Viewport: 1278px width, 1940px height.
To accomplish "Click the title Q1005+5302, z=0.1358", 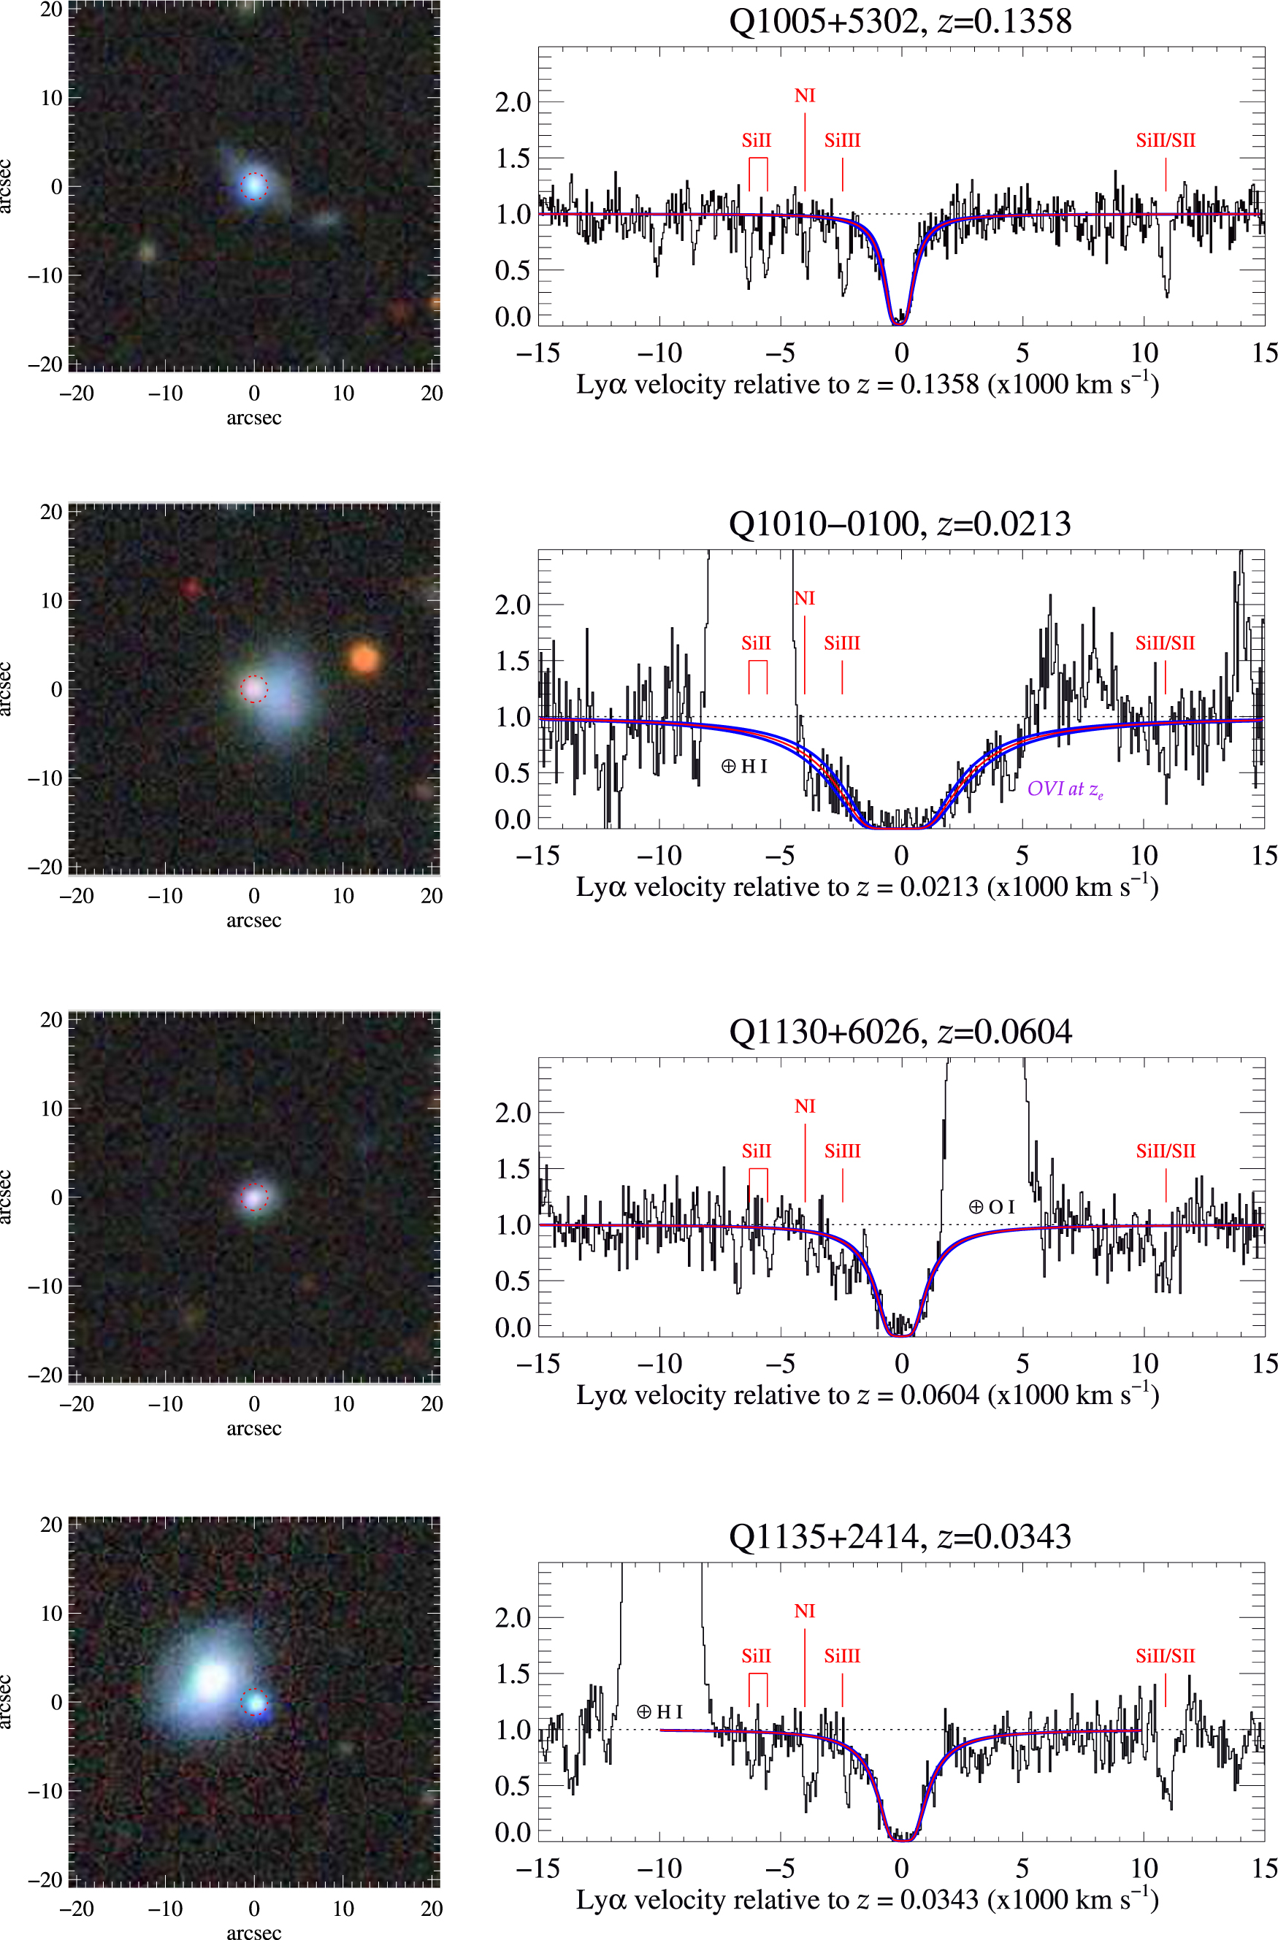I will pyautogui.click(x=900, y=21).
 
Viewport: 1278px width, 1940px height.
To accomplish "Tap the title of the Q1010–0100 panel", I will pyautogui.click(x=900, y=524).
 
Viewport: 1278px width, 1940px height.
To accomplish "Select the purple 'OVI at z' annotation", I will pyautogui.click(x=1065, y=789).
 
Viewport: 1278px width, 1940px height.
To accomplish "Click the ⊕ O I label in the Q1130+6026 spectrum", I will pyautogui.click(x=991, y=1206).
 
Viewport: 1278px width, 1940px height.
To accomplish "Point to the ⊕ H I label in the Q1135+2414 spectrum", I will pyautogui.click(x=659, y=1711).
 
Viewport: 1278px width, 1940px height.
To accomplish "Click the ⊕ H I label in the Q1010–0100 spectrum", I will pyautogui.click(x=744, y=766).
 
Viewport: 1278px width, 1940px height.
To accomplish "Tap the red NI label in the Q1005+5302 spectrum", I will pyautogui.click(x=805, y=96).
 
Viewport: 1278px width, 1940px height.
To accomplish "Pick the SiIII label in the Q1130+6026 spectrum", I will pyautogui.click(x=842, y=1151).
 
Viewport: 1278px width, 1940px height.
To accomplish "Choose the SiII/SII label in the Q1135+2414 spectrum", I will pyautogui.click(x=1165, y=1655).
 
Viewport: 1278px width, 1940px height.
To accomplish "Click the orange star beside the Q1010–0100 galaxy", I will pyautogui.click(x=364, y=658).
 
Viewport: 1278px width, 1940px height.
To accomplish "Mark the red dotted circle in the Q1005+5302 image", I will pyautogui.click(x=254, y=186).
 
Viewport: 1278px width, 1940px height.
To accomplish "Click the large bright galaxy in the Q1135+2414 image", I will pyautogui.click(x=211, y=1678).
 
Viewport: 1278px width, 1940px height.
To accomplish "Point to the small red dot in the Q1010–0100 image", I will pyautogui.click(x=191, y=587).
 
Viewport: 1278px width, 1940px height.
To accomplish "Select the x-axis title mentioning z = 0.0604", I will pyautogui.click(x=868, y=1395).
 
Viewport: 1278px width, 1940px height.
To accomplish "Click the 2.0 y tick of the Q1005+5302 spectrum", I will pyautogui.click(x=513, y=103).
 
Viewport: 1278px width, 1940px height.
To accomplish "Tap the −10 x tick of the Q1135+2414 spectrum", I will pyautogui.click(x=659, y=1868).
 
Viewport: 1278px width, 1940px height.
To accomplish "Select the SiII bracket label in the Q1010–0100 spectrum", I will pyautogui.click(x=756, y=643).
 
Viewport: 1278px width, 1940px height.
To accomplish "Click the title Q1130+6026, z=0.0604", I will pyautogui.click(x=900, y=1032).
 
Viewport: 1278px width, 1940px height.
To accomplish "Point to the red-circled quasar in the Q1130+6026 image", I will pyautogui.click(x=254, y=1197).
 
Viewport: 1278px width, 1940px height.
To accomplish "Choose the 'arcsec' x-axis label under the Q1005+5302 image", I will pyautogui.click(x=253, y=418).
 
